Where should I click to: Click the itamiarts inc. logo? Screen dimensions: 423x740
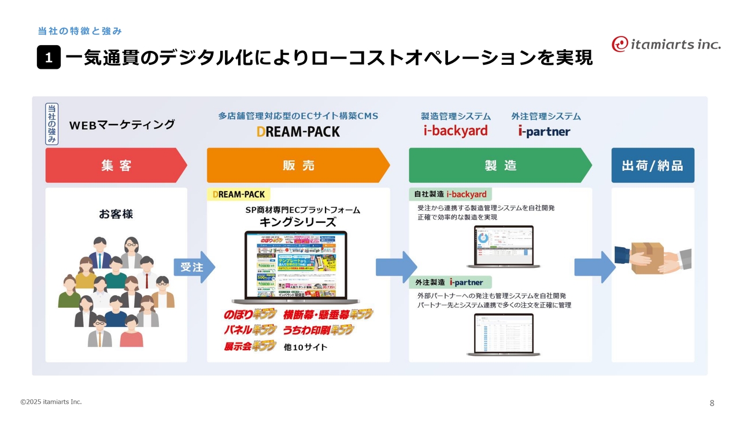(x=666, y=43)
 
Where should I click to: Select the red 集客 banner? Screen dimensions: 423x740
(x=116, y=165)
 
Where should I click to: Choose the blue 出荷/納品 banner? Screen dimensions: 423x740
(x=653, y=165)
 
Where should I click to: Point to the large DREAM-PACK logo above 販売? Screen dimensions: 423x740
(x=298, y=131)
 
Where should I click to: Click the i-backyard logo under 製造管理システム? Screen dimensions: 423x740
(x=456, y=131)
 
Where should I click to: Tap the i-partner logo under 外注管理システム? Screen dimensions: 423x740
(x=544, y=131)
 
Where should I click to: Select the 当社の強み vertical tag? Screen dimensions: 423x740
(x=52, y=124)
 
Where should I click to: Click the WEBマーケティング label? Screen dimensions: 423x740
(x=121, y=124)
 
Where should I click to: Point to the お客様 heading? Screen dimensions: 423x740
(x=116, y=214)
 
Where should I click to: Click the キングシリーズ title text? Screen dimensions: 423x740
(x=298, y=222)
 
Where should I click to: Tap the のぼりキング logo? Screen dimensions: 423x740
(x=250, y=315)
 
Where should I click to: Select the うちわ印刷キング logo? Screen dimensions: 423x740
(x=318, y=330)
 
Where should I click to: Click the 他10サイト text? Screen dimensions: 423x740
(x=306, y=347)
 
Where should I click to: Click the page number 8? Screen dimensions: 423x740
(x=712, y=403)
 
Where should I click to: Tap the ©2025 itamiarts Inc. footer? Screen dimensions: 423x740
(x=51, y=402)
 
